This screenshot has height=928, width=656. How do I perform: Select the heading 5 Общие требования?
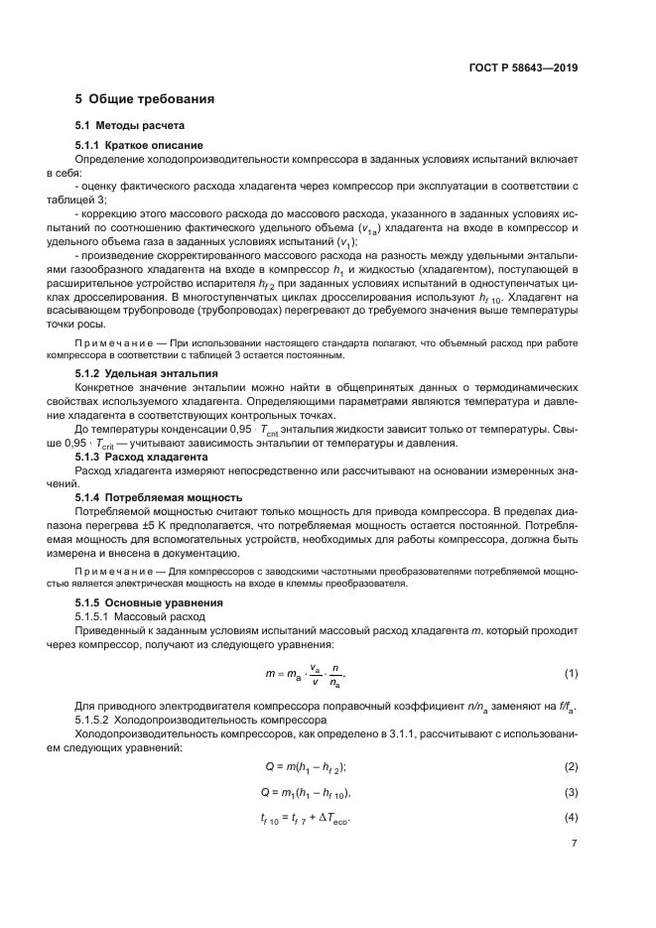pos(145,99)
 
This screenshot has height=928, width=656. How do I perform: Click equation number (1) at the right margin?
pos(572,674)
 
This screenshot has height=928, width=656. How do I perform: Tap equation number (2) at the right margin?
pos(572,766)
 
